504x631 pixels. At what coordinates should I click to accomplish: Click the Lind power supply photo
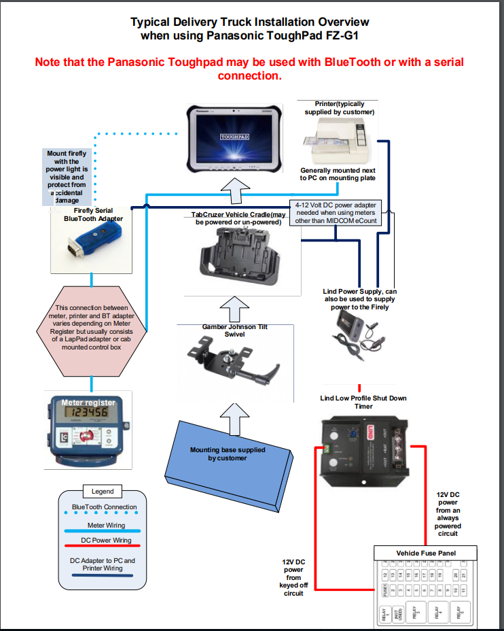[359, 337]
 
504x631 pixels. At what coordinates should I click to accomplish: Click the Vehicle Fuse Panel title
[426, 553]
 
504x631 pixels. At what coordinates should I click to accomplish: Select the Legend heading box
[103, 491]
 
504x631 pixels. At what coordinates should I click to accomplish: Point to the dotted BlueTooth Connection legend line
[102, 514]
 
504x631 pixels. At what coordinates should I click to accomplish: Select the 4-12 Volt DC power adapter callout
[336, 212]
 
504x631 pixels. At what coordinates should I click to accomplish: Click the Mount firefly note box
[67, 177]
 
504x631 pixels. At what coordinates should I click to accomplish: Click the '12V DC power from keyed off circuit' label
[293, 577]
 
